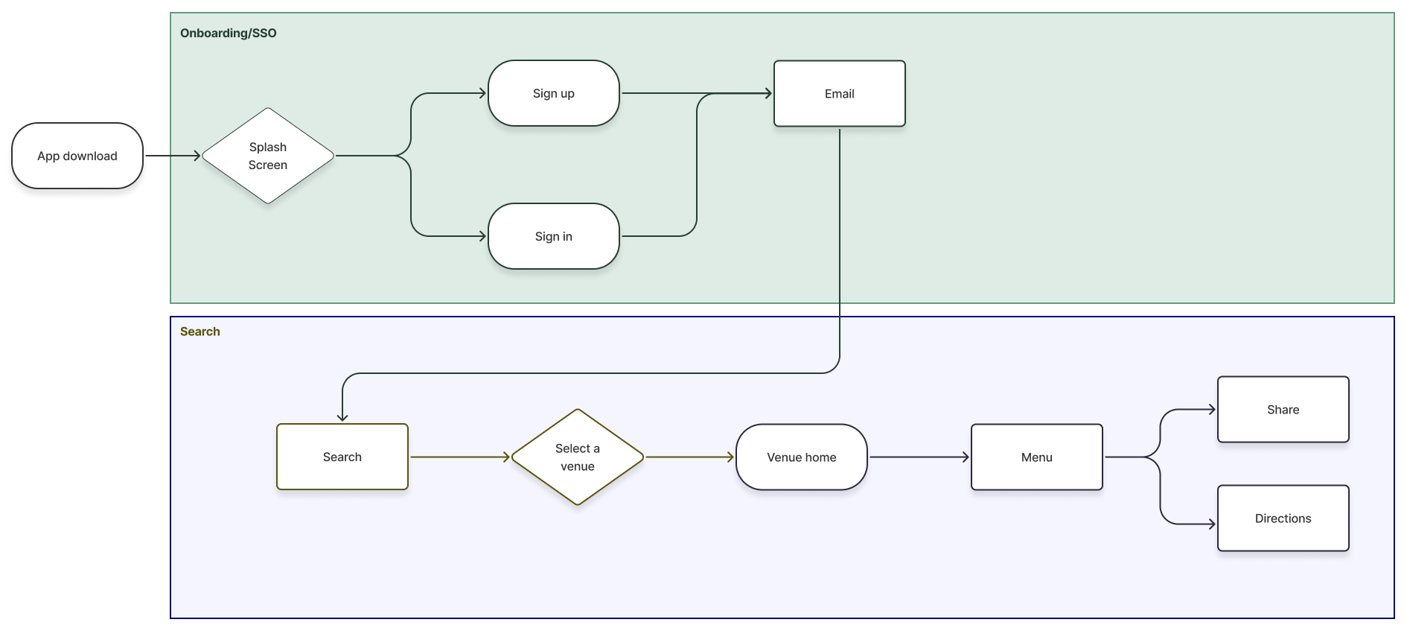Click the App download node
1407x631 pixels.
tap(77, 156)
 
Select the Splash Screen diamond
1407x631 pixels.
tap(268, 156)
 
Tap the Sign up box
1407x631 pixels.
tap(553, 93)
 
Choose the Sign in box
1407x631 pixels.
tap(553, 236)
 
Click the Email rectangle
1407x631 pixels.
tap(839, 94)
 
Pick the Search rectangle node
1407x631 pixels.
tap(342, 457)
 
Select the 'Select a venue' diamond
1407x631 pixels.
tap(577, 457)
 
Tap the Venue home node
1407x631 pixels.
tap(801, 457)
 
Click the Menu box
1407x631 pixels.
tap(1036, 457)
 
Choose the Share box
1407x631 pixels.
tap(1283, 409)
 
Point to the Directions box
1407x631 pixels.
tap(1283, 518)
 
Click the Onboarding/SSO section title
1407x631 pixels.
tap(228, 33)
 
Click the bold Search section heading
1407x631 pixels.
tap(200, 332)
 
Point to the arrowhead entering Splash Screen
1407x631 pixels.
tap(197, 156)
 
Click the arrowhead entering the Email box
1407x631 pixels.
tap(768, 93)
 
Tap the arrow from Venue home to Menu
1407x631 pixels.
tap(918, 457)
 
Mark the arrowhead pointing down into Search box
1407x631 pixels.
tap(342, 417)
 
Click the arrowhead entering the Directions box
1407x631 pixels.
tap(1212, 524)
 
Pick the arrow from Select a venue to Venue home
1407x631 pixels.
tap(689, 457)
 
